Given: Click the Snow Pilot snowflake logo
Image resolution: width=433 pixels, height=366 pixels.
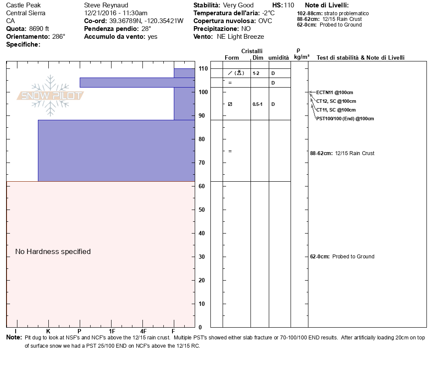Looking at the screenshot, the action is click(50, 95).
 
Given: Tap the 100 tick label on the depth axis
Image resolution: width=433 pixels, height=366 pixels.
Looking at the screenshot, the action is click(203, 92).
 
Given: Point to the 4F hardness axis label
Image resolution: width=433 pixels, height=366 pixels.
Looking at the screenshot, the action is click(143, 331).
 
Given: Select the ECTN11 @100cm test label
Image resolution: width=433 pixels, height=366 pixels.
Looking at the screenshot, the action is click(335, 92).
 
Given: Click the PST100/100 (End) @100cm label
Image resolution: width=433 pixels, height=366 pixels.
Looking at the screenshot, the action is click(345, 119).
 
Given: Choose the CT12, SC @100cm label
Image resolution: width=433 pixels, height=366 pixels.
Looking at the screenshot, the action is click(336, 102).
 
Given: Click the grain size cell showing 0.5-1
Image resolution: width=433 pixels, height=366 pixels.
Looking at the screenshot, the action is click(257, 105).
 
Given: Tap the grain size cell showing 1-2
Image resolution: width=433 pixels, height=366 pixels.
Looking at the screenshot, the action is click(256, 74).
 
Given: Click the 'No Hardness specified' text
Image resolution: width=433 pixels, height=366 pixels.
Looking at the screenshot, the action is click(53, 252).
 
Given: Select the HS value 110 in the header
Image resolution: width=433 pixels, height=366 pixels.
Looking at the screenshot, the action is click(289, 5).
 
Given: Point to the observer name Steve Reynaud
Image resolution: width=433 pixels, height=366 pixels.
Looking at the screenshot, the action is click(106, 5).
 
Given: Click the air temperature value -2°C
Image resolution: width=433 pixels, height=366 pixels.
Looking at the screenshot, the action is click(268, 13).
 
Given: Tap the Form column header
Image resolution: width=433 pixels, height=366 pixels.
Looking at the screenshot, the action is click(232, 58).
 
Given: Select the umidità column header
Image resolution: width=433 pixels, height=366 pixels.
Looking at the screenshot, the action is click(279, 58).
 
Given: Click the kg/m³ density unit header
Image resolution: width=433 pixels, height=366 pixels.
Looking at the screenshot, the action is click(301, 57).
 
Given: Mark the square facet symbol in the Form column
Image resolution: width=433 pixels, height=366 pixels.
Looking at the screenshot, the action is click(230, 105).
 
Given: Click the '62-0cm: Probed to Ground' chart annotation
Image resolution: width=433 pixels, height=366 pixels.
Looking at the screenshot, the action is click(342, 257).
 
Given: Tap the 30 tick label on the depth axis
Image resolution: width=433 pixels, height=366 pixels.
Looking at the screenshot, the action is click(202, 257).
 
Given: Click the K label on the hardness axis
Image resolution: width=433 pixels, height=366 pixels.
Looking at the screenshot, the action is click(48, 331).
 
